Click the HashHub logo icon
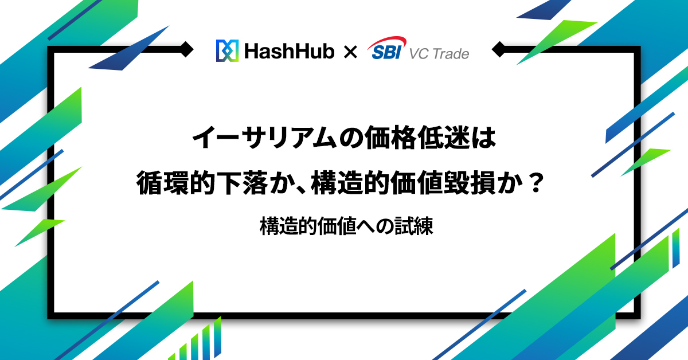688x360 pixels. pyautogui.click(x=226, y=51)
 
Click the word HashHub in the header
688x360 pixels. pyautogui.click(x=289, y=52)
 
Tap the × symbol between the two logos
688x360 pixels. pyautogui.click(x=350, y=52)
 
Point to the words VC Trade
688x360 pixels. pyautogui.click(x=439, y=54)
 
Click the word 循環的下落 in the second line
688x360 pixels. pyautogui.click(x=204, y=184)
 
